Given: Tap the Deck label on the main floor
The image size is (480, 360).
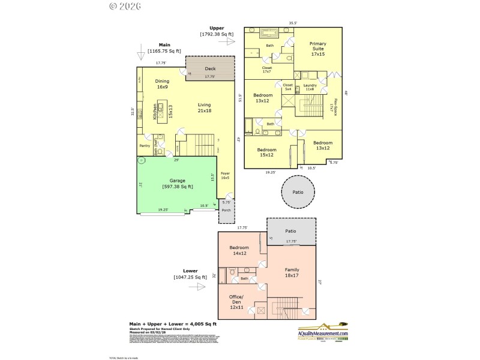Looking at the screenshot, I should (209, 69).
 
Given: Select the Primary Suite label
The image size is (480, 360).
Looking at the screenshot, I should (317, 49).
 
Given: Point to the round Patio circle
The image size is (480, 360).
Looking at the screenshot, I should (298, 193).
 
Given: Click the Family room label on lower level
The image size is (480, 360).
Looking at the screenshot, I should (292, 273).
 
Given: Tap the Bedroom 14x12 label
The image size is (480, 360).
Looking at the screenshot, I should (239, 250).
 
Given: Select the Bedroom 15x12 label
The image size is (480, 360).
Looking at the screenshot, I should (267, 152).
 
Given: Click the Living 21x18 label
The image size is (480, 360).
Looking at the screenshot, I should (205, 107).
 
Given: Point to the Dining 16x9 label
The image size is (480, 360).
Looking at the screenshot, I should (162, 85).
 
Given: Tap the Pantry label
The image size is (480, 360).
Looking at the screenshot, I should (145, 146).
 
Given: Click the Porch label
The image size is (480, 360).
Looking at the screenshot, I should (226, 211).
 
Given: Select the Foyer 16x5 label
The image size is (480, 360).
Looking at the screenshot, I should (226, 176).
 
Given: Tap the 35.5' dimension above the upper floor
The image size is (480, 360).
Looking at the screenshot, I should (293, 23).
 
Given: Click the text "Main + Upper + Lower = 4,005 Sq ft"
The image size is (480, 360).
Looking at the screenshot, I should (172, 324).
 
